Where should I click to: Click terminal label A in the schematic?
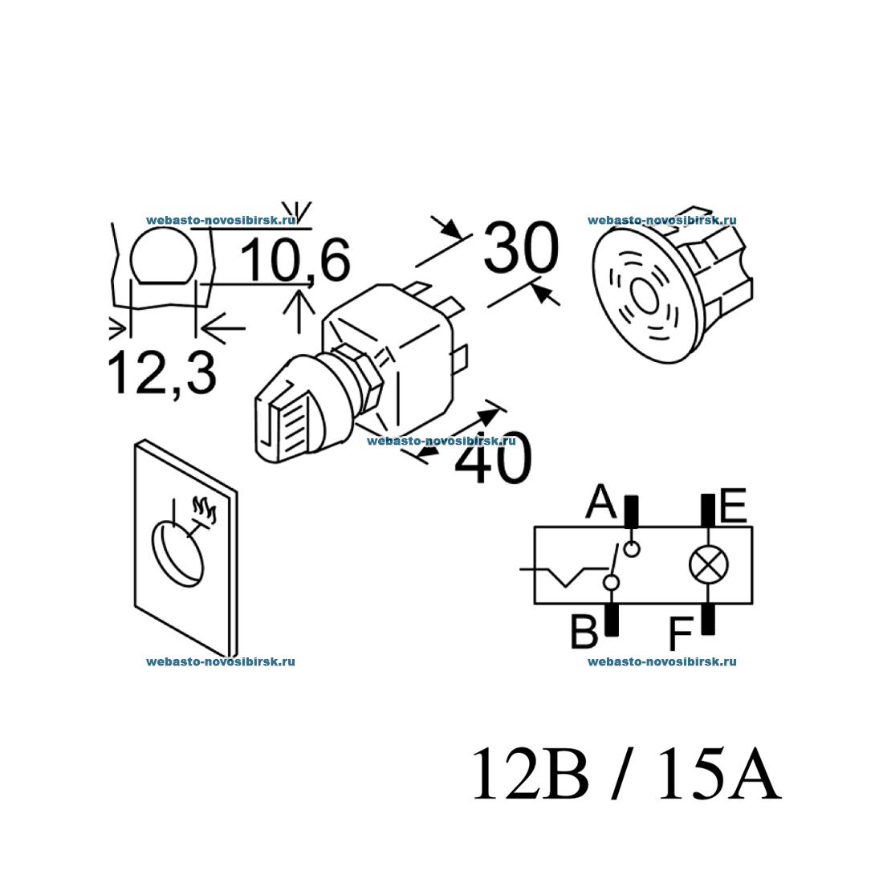tap(601, 503)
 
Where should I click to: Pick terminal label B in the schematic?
tap(584, 632)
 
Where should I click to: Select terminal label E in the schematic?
tap(733, 507)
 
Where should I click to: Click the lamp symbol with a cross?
tap(709, 566)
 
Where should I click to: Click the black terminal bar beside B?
tap(611, 619)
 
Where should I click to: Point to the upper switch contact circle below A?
tap(633, 549)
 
